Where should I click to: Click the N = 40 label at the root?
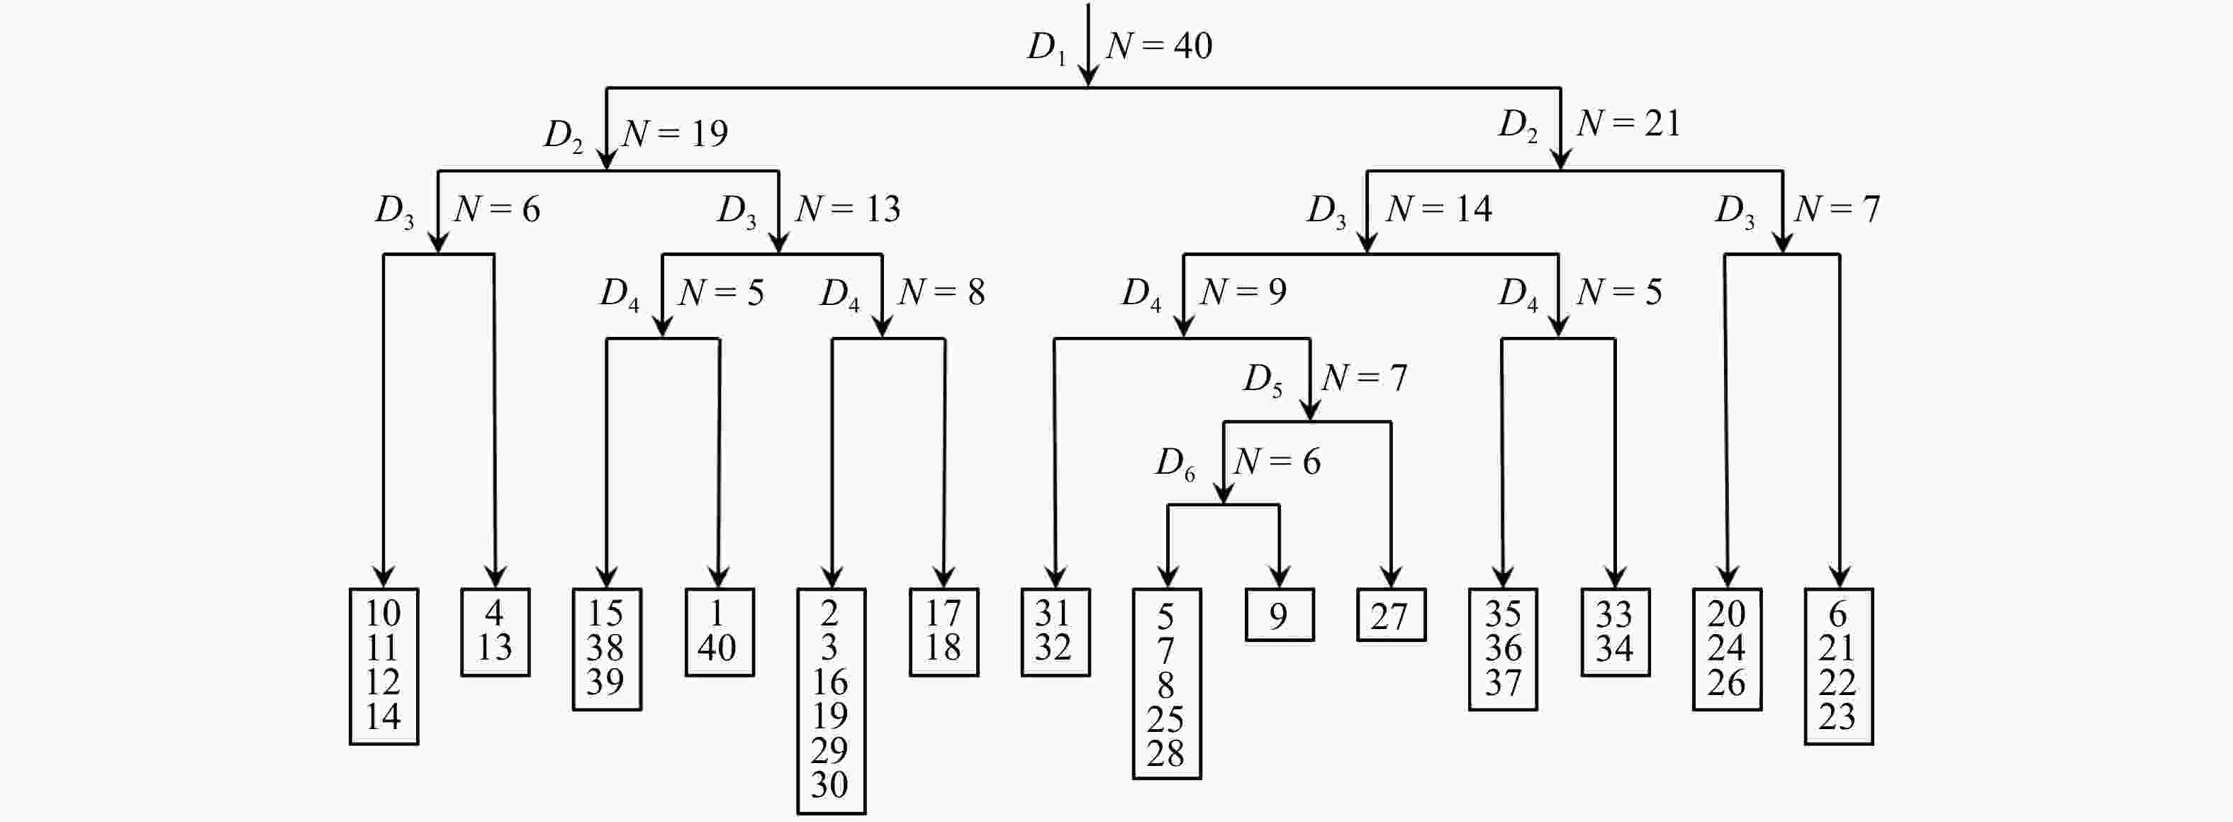[x=1159, y=46]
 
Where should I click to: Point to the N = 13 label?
[x=848, y=209]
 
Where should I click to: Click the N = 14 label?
[x=1439, y=209]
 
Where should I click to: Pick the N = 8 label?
[x=941, y=292]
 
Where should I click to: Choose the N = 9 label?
[x=1243, y=292]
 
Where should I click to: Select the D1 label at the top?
[x=1046, y=48]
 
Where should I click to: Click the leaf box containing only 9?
[x=1280, y=616]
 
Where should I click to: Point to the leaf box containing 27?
[x=1390, y=616]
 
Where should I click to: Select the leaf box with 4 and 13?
[x=495, y=631]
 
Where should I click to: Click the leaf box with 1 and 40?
[x=719, y=631]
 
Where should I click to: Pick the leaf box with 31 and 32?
[x=1055, y=631]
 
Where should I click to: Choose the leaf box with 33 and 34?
[x=1615, y=631]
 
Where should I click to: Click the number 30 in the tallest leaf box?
[x=829, y=784]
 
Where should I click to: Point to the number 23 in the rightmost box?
[x=1837, y=717]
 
